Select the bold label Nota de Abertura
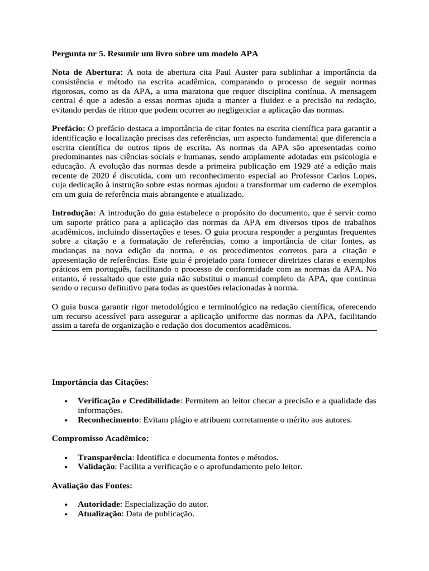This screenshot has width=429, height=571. [x=87, y=72]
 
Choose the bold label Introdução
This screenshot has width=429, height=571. [x=74, y=212]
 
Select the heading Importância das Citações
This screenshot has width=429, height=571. [x=100, y=383]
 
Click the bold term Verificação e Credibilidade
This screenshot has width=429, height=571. [x=129, y=401]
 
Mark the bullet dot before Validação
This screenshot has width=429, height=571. [x=66, y=466]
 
